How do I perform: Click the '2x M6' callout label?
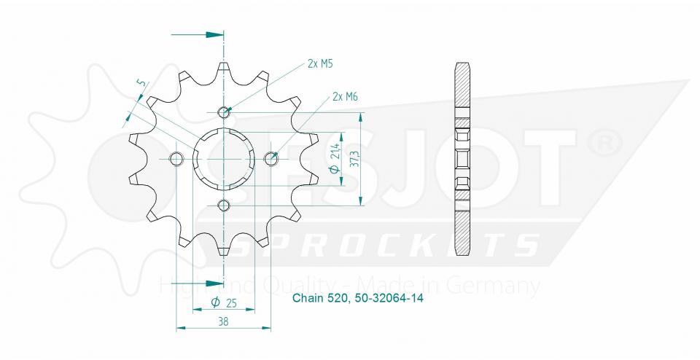[344, 96]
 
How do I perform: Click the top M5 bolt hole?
[224, 111]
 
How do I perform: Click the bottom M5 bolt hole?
[224, 204]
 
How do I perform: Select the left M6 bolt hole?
[175, 158]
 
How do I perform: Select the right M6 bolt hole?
[272, 157]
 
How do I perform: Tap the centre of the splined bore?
[224, 158]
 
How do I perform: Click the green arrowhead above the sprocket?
[214, 34]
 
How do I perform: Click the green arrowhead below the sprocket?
[214, 283]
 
